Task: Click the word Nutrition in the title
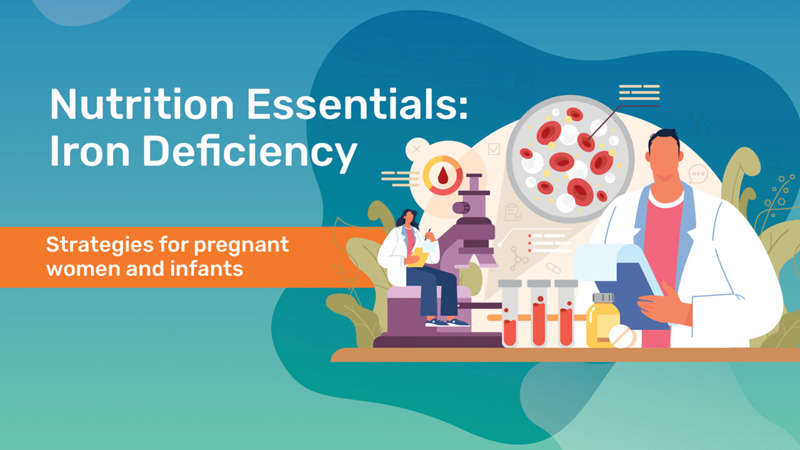coord(142,104)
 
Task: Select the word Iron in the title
coord(89,151)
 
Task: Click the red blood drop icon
coord(443,175)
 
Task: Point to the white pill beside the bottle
coord(622,336)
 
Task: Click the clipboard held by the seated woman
coord(418,257)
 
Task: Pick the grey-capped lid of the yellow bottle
coord(603,297)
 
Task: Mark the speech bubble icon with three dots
coord(698,174)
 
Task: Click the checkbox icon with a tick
coord(494,149)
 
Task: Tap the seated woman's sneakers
coord(447,322)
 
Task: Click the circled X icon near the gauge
coord(416,149)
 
